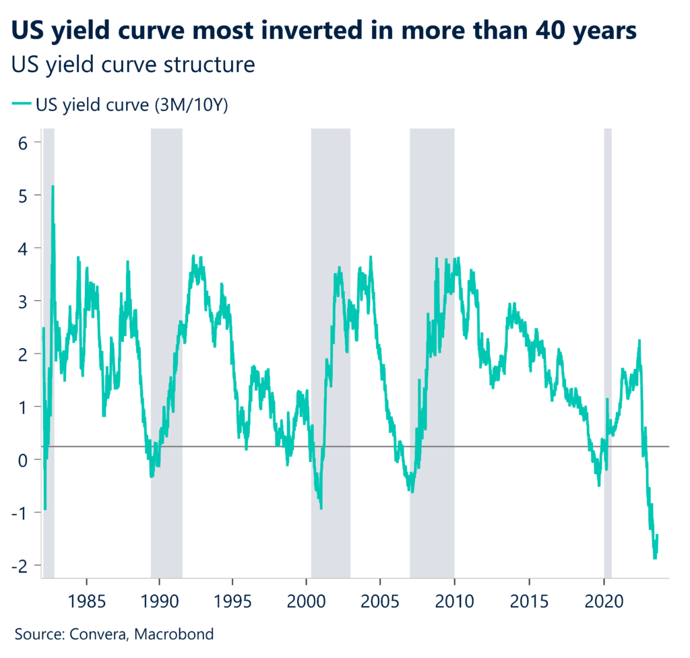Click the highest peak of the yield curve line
[53, 187]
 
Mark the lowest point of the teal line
[654, 558]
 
